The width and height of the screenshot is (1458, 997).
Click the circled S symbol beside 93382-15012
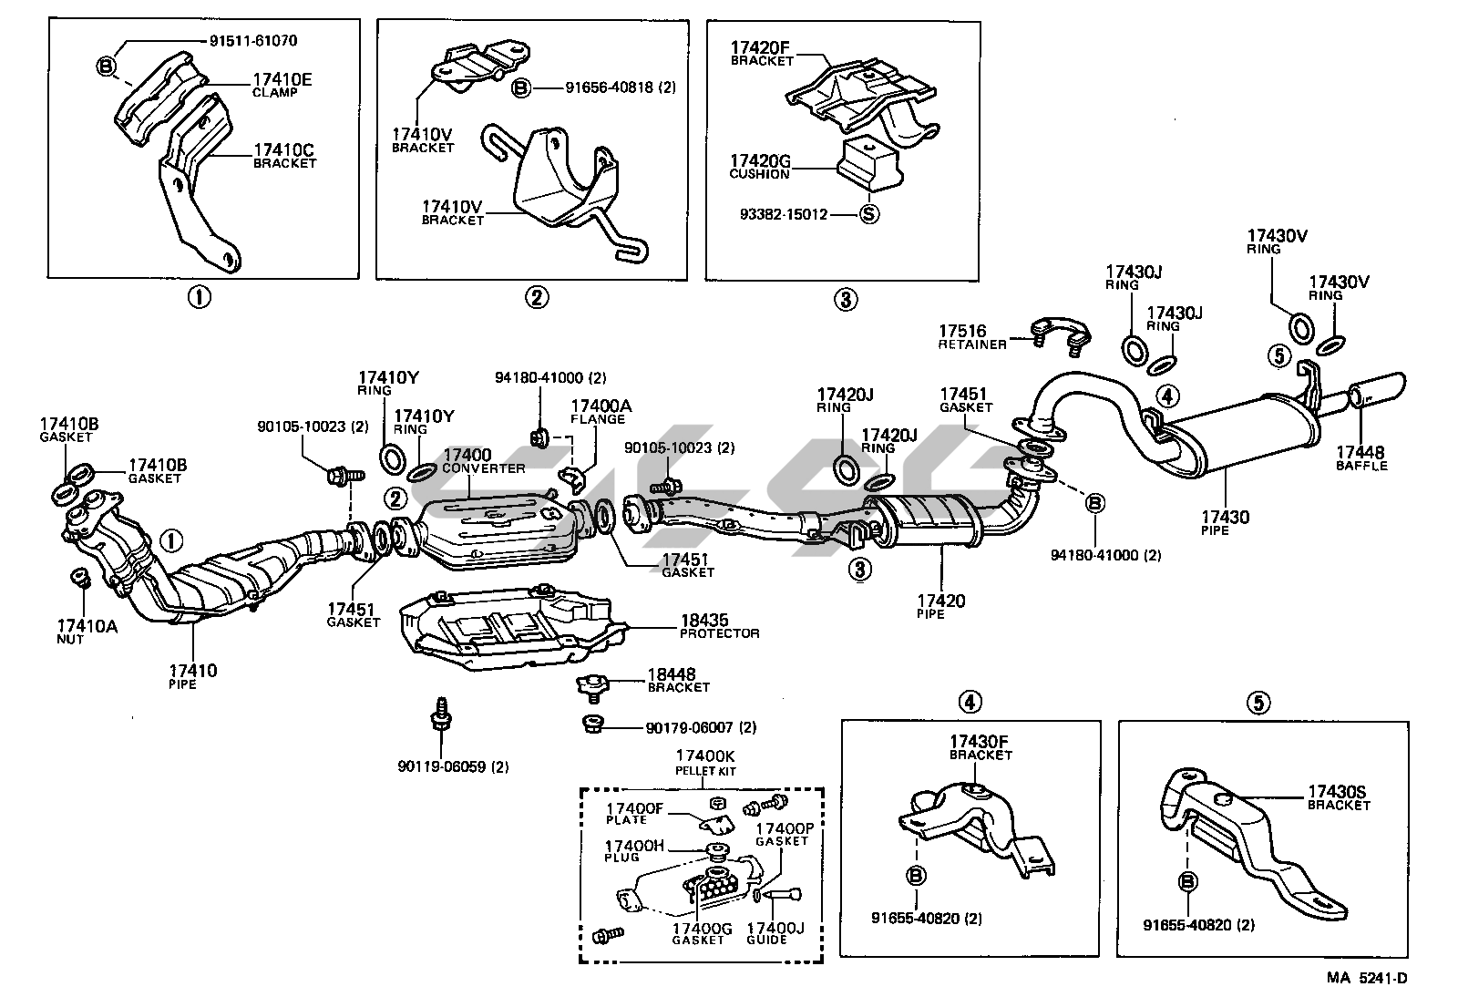coord(870,215)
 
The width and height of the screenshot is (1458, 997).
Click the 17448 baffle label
coord(1361,457)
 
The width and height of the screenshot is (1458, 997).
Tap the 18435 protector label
coord(719,626)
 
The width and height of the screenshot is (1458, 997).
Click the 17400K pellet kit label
coord(705,761)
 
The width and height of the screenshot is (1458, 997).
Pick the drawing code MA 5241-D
coord(1367,978)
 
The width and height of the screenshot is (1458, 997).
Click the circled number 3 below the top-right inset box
coord(845,298)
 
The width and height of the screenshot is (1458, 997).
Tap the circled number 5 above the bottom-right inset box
coord(1258,702)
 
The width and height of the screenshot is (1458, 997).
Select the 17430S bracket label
coord(1339,797)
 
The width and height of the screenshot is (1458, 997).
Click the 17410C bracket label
coord(283,155)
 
